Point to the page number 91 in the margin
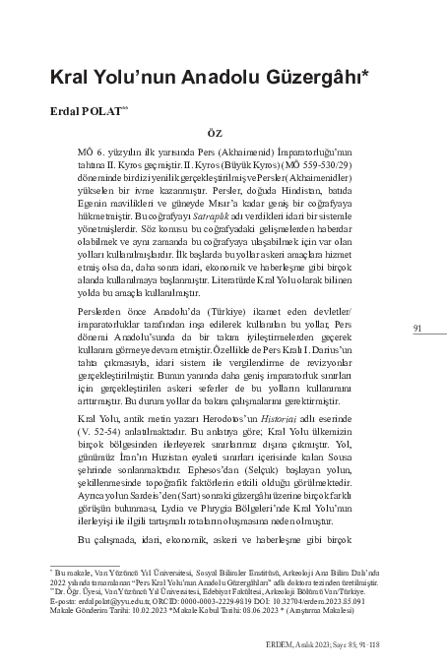click(417, 328)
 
